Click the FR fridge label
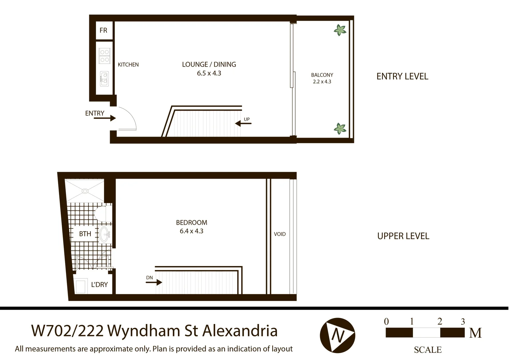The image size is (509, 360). [x=103, y=30]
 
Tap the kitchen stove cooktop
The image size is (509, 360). [x=104, y=56]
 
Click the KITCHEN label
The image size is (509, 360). [x=128, y=65]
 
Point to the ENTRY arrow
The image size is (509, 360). [x=105, y=118]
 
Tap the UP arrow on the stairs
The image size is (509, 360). [x=243, y=123]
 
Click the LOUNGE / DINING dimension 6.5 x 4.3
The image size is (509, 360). [x=209, y=73]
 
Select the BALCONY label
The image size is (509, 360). [x=322, y=75]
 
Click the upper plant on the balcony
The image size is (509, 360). [x=340, y=30]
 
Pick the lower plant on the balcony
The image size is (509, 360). [x=340, y=128]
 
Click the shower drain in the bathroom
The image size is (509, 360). [x=85, y=191]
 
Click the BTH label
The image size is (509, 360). [x=85, y=234]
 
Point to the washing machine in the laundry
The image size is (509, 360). [x=81, y=286]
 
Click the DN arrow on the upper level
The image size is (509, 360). [x=154, y=282]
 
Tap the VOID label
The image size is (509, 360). [x=280, y=234]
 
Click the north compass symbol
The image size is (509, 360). [x=337, y=335]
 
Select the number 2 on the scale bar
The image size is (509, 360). [x=440, y=321]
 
